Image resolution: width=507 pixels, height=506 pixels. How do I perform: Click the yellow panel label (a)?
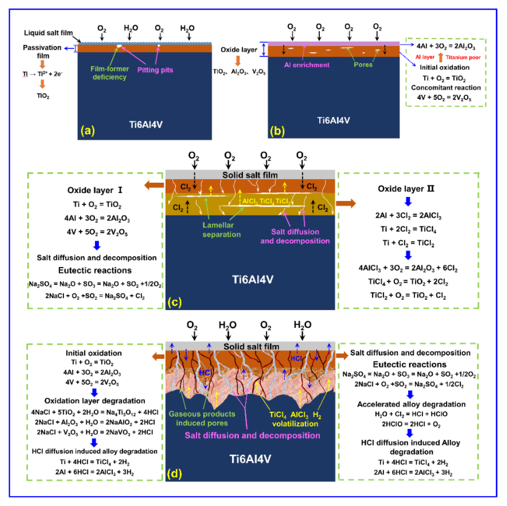tap(88, 130)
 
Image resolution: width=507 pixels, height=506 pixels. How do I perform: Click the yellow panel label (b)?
tap(277, 130)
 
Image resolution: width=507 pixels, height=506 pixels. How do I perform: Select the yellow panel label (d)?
tap(174, 474)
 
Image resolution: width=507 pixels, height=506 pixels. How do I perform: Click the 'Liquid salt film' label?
tap(48, 33)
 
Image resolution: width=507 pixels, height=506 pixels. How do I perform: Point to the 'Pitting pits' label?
tap(155, 70)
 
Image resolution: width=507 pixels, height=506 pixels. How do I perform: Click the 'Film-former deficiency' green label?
tap(110, 73)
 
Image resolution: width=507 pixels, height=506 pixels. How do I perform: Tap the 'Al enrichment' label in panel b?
tap(306, 65)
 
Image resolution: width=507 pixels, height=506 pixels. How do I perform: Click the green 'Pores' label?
tap(363, 65)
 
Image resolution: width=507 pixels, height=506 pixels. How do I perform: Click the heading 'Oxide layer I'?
tap(95, 190)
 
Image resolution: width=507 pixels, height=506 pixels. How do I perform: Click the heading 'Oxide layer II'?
tap(406, 189)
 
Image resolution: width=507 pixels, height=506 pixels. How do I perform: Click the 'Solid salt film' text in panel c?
tap(250, 175)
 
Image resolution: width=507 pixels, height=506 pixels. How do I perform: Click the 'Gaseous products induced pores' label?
tap(202, 418)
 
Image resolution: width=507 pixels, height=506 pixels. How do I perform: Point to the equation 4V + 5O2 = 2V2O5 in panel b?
tap(444, 97)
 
